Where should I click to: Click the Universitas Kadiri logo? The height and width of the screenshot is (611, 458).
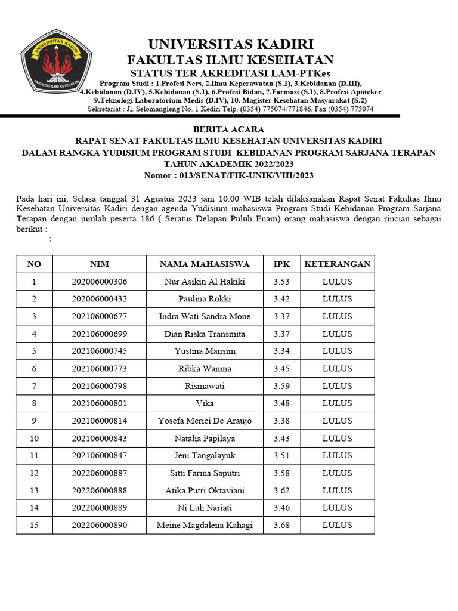[x=55, y=65]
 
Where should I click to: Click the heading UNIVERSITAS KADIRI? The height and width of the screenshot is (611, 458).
[x=230, y=44]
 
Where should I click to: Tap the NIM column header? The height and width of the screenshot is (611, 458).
[x=99, y=264]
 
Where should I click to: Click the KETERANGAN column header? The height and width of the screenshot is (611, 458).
[x=337, y=264]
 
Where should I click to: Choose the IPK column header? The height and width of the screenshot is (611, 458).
[x=281, y=264]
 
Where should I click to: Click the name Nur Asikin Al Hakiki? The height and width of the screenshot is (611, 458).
[x=205, y=282]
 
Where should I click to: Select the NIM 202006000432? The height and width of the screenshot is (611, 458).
[x=99, y=299]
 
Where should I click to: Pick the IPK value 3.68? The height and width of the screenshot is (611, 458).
[x=281, y=526]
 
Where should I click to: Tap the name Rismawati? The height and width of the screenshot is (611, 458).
[x=205, y=386]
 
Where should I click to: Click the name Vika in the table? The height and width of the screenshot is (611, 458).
[x=205, y=403]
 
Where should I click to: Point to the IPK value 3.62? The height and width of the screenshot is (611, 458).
[x=281, y=490]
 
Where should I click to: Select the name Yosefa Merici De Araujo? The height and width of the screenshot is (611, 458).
[x=205, y=421]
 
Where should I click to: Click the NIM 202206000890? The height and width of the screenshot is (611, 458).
[x=99, y=526]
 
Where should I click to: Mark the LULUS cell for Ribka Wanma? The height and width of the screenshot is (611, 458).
[x=337, y=369]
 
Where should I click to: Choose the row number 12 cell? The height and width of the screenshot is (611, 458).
[x=34, y=473]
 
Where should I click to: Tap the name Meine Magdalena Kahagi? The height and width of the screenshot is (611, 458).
[x=205, y=526]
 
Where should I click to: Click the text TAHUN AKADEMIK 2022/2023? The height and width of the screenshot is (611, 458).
[x=228, y=164]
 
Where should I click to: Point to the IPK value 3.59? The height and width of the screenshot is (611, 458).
[x=281, y=386]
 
